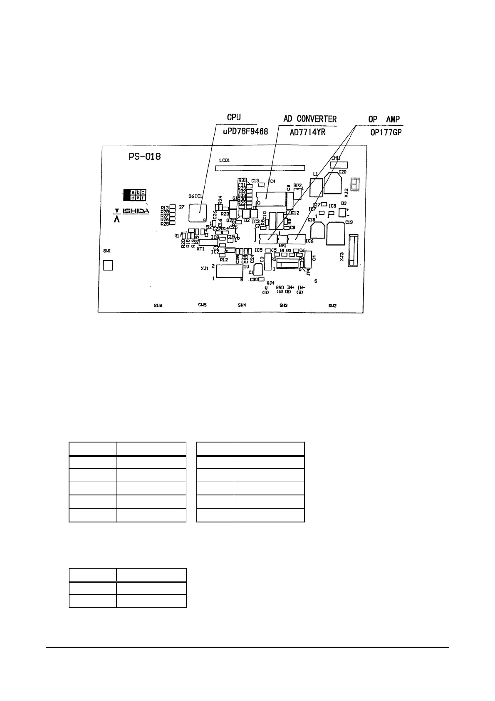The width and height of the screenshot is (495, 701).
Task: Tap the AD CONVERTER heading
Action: click(310, 119)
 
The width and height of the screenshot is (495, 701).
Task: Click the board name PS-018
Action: click(144, 157)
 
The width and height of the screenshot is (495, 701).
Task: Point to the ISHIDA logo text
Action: click(136, 211)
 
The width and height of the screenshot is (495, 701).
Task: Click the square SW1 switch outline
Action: click(108, 265)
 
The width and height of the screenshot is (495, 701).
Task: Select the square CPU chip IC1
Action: click(197, 213)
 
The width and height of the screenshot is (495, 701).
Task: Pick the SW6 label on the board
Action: click(158, 306)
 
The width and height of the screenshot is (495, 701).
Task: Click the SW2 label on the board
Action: click(332, 306)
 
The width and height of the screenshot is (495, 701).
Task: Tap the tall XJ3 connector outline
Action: click(353, 250)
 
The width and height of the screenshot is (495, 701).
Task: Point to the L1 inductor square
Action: click(317, 188)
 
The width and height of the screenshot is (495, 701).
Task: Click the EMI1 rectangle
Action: click(339, 165)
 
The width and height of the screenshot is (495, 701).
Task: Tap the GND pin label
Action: click(280, 288)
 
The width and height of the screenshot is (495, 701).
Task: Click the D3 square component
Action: click(342, 213)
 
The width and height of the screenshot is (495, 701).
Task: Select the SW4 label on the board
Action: click(242, 305)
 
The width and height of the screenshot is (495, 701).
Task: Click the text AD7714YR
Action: click(307, 132)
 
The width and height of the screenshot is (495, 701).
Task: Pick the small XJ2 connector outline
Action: click(355, 185)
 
